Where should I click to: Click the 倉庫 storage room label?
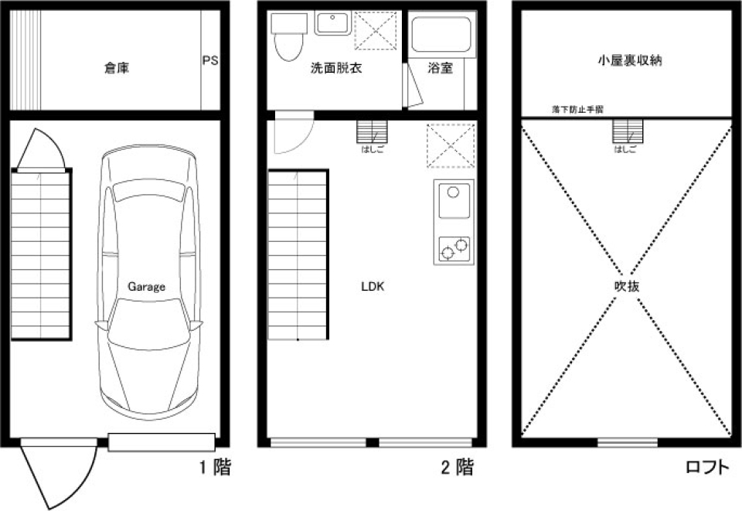pos(117,68)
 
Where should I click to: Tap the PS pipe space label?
pos(209,60)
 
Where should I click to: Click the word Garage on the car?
pos(146,286)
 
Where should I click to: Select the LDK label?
pos(373,286)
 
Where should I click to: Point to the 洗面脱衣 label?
pos(336,68)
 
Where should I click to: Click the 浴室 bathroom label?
pos(441,68)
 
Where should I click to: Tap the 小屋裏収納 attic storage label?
pos(630,60)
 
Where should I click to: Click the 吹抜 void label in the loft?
pos(626,286)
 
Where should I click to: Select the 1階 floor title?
pos(211,467)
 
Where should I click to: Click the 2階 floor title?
pos(456,467)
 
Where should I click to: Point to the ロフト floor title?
pos(706,467)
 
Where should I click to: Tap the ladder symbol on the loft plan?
pos(627,131)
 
